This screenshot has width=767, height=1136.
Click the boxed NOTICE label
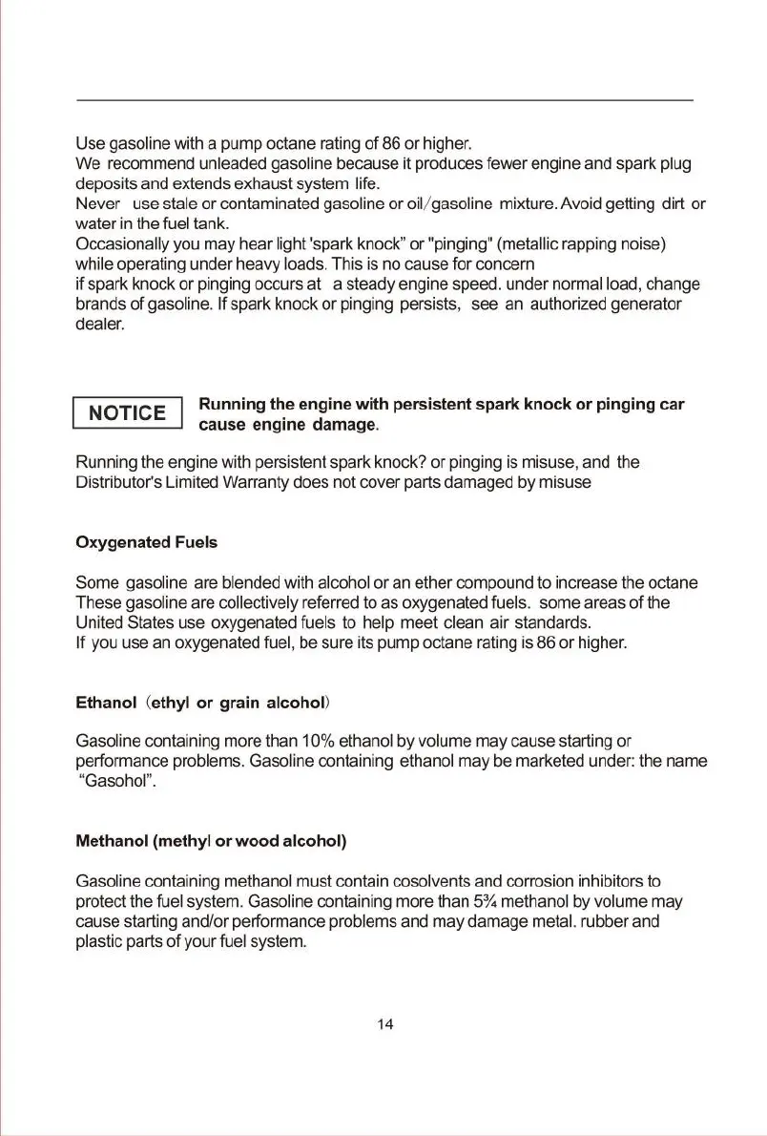127,413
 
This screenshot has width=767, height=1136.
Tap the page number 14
384,1024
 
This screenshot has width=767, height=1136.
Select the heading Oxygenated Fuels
146,542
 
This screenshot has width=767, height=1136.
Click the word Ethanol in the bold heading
107,704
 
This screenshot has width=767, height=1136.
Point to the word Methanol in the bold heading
112,841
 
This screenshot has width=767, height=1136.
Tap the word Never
97,204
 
